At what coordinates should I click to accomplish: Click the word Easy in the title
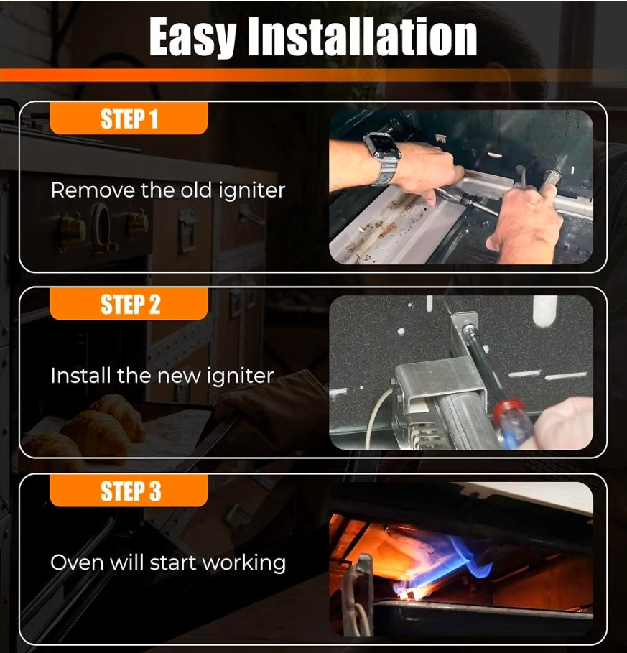pyautogui.click(x=193, y=37)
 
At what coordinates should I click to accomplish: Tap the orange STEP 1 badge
pyautogui.click(x=129, y=119)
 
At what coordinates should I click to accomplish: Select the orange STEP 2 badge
pyautogui.click(x=129, y=304)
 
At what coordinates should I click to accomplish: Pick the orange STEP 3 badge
pyautogui.click(x=129, y=491)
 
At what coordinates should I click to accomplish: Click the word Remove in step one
pyautogui.click(x=93, y=190)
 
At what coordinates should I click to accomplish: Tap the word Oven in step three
pyautogui.click(x=77, y=562)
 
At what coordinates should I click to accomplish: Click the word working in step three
pyautogui.click(x=245, y=563)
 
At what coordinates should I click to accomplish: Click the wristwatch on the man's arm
pyautogui.click(x=382, y=157)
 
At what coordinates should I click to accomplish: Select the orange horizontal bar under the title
pyautogui.click(x=313, y=75)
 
